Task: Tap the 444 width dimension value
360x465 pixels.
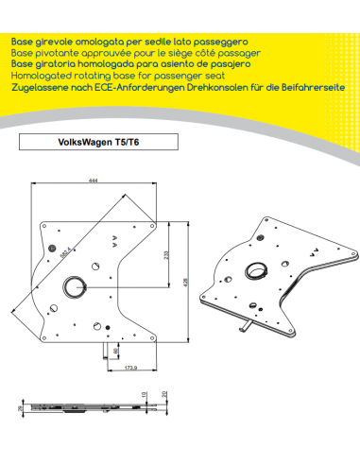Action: [94, 180]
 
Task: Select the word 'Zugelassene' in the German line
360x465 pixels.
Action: [42, 86]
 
